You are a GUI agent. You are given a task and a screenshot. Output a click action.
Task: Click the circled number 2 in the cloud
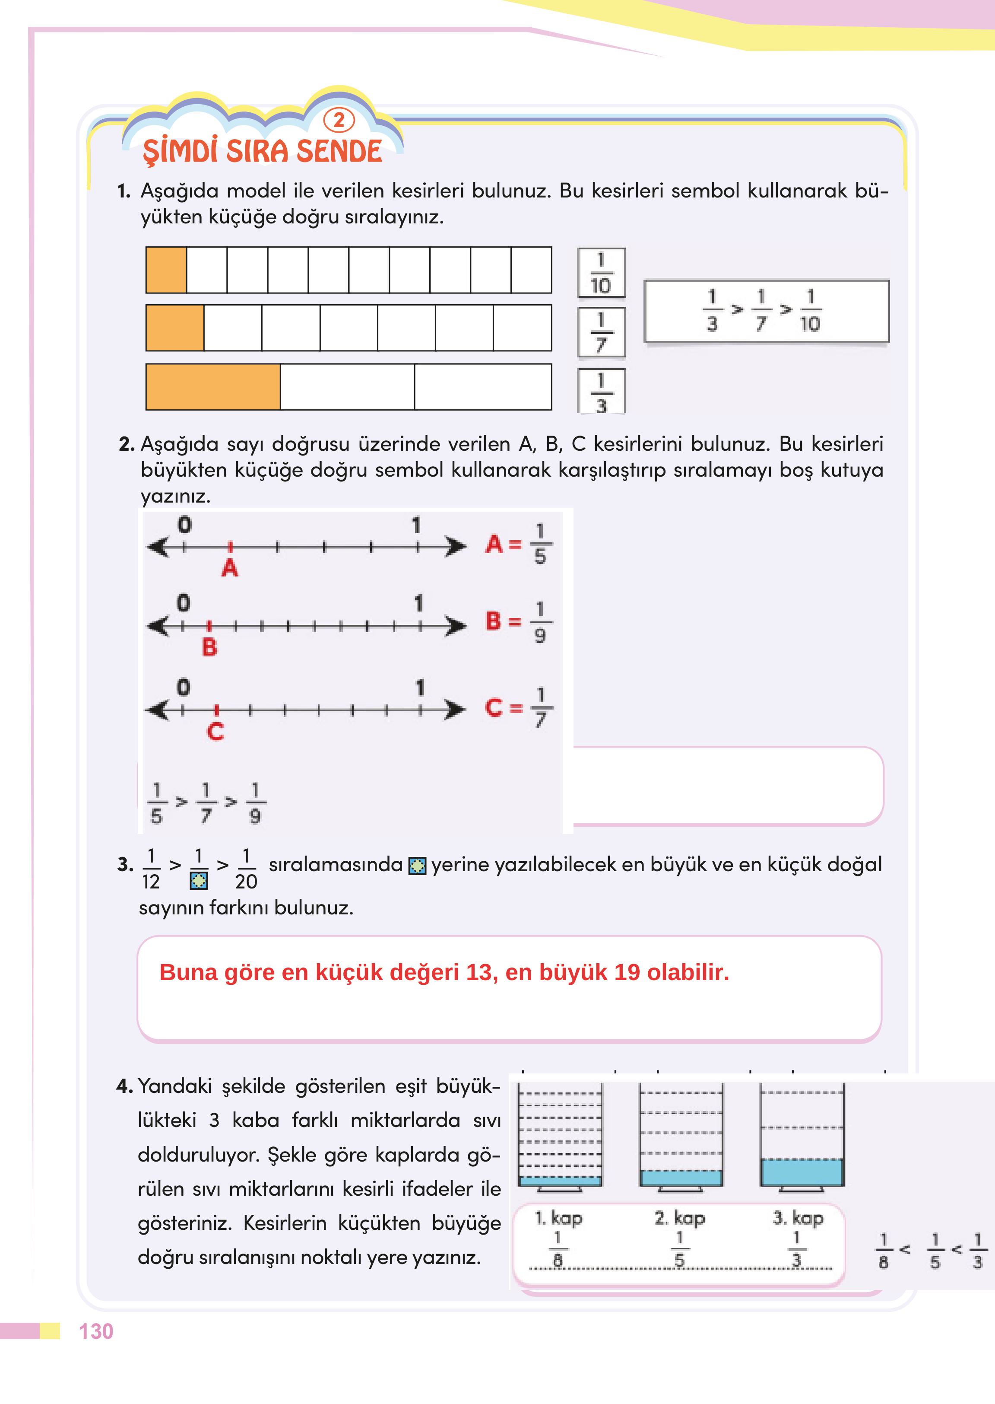click(x=339, y=120)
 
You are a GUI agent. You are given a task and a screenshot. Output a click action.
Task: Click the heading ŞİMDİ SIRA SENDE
click(x=262, y=151)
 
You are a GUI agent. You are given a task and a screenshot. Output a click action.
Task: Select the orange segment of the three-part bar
click(x=212, y=387)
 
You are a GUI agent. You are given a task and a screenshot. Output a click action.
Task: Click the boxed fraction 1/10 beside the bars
click(x=601, y=273)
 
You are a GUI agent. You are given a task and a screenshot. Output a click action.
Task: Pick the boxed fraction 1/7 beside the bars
click(x=601, y=332)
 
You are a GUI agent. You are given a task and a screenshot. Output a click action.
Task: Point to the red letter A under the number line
click(x=230, y=568)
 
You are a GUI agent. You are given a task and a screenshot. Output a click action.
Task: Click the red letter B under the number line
click(x=209, y=647)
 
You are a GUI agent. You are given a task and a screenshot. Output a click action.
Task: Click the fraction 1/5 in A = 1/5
click(x=540, y=544)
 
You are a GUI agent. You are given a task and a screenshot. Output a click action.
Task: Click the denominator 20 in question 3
click(x=246, y=882)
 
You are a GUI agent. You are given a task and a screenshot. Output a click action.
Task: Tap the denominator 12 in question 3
click(x=151, y=882)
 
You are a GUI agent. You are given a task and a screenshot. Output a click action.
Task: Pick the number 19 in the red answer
click(x=627, y=972)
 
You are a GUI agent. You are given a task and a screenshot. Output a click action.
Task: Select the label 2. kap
click(x=679, y=1218)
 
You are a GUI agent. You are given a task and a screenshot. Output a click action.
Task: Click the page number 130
click(x=96, y=1332)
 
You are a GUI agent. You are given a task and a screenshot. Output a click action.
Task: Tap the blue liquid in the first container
click(x=560, y=1181)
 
